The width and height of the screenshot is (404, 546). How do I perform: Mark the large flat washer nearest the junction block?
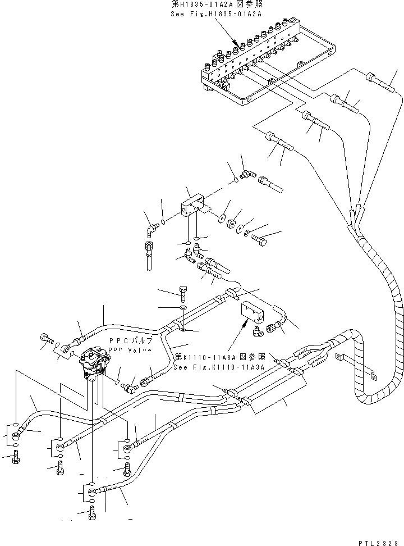222,216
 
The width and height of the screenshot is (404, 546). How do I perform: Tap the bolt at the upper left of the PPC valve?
45,339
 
